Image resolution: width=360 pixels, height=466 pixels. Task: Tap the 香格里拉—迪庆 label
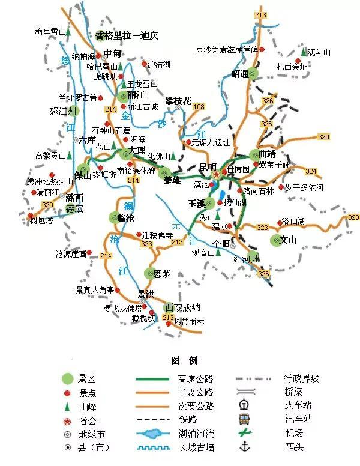[127, 35]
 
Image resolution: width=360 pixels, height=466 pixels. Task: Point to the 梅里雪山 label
[50, 32]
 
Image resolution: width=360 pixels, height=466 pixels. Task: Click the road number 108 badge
[199, 107]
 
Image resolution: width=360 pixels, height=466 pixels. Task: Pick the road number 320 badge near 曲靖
[323, 137]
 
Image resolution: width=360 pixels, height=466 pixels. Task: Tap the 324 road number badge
[311, 171]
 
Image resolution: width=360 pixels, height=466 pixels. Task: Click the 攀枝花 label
[178, 101]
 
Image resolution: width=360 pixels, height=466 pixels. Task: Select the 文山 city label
[289, 241]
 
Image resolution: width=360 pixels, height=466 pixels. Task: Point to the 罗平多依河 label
[304, 187]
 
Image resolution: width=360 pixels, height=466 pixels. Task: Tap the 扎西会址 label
[292, 67]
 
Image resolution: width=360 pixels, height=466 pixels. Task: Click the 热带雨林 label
[189, 322]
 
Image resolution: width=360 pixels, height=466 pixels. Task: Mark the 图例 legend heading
[184, 360]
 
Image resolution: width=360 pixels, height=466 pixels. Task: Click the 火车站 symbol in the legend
[244, 404]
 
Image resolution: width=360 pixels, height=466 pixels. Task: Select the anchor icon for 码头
[244, 446]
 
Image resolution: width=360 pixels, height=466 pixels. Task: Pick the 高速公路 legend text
[196, 379]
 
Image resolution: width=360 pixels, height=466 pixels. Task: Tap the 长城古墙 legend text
[196, 447]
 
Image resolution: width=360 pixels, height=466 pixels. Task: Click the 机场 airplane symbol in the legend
[244, 432]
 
